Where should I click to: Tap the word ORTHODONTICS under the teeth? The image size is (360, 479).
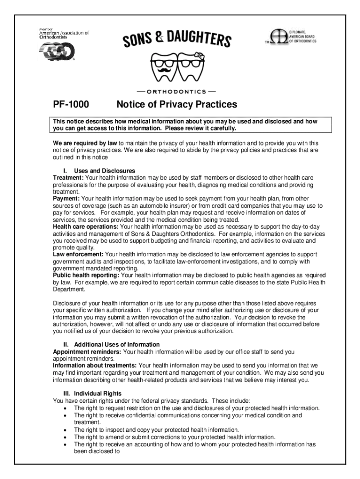(x=176, y=91)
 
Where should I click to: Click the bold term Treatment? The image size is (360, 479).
(x=68, y=178)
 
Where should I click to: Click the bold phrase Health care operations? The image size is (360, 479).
(x=86, y=226)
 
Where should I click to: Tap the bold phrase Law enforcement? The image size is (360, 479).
(x=78, y=254)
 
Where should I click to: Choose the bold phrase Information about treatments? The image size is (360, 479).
(x=95, y=365)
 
